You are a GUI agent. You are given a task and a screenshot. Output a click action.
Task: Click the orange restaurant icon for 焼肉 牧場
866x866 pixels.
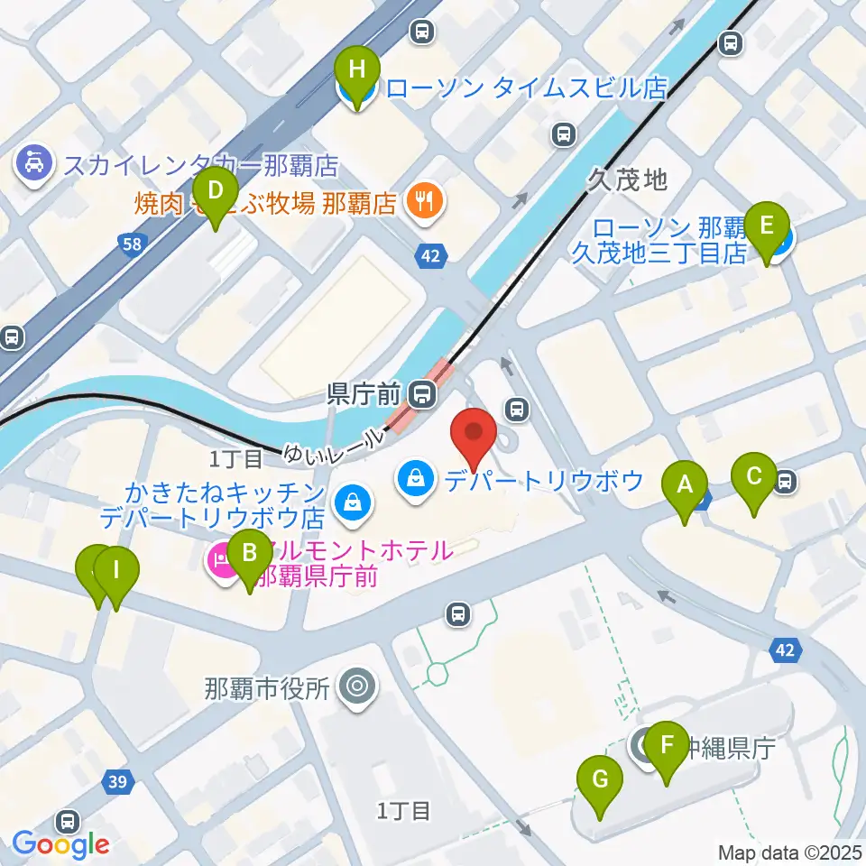425,200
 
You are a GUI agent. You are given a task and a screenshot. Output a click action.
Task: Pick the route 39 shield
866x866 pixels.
116,781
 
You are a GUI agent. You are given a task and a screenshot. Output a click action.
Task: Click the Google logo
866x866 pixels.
60,844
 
